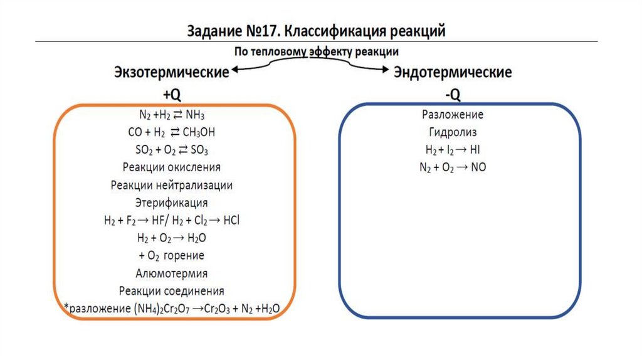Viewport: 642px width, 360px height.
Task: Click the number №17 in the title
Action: [260, 30]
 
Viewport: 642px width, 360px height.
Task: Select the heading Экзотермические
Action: [171, 73]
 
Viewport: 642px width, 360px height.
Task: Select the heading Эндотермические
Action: [453, 73]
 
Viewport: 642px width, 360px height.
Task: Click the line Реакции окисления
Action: [171, 168]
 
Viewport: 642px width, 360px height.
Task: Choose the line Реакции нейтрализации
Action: [171, 186]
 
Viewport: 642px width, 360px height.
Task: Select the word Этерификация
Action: [171, 203]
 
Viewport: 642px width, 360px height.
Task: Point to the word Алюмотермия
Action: [171, 273]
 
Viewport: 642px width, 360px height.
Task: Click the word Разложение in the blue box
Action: [453, 115]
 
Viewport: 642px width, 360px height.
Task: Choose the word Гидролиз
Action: [453, 133]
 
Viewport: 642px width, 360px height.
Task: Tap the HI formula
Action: [476, 151]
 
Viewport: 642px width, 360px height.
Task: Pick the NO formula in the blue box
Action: [478, 168]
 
